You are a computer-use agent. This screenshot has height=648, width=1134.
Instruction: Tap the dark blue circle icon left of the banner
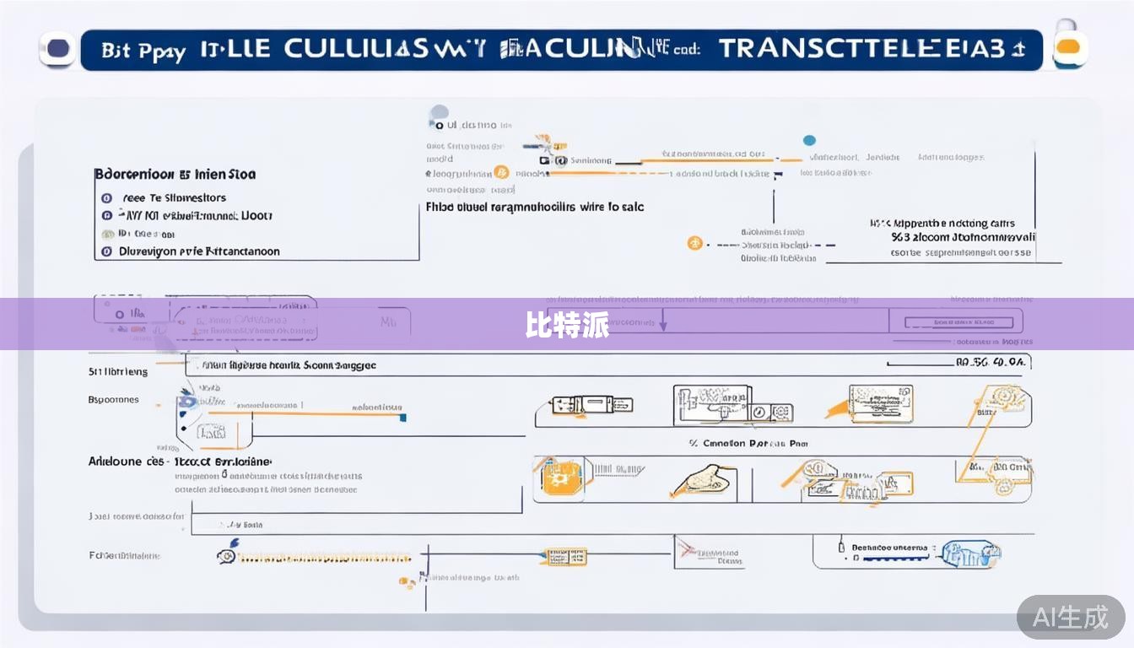coord(58,49)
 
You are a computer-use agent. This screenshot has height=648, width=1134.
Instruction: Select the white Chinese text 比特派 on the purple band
coord(566,325)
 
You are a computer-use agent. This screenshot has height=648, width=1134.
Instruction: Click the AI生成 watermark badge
coord(1070,617)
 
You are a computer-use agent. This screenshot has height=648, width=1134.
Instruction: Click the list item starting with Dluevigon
coord(199,251)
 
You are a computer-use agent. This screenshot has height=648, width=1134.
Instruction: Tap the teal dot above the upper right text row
coord(810,141)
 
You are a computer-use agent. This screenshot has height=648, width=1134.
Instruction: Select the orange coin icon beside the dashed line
coord(694,244)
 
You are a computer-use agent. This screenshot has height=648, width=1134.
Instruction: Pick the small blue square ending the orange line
coord(402,417)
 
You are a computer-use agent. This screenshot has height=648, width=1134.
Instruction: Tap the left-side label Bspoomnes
coord(114,399)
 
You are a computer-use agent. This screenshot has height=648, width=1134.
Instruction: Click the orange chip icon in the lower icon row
coord(558,477)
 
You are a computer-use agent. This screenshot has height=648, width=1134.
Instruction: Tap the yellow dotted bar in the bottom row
coord(325,558)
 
